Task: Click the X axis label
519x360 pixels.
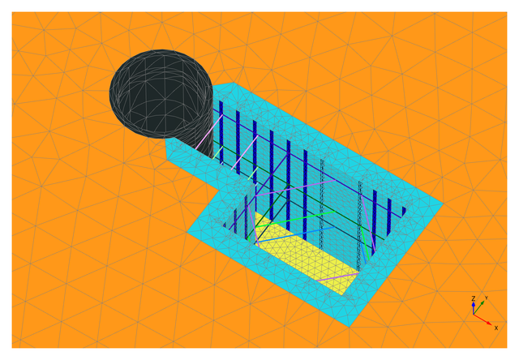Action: click(x=495, y=328)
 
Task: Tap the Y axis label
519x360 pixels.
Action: click(x=486, y=298)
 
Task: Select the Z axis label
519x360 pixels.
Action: click(x=474, y=298)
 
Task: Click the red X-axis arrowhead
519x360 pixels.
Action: click(x=489, y=323)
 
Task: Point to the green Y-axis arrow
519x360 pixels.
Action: click(x=479, y=307)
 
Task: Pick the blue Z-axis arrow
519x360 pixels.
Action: click(x=474, y=307)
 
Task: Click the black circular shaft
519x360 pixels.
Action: click(x=161, y=94)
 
